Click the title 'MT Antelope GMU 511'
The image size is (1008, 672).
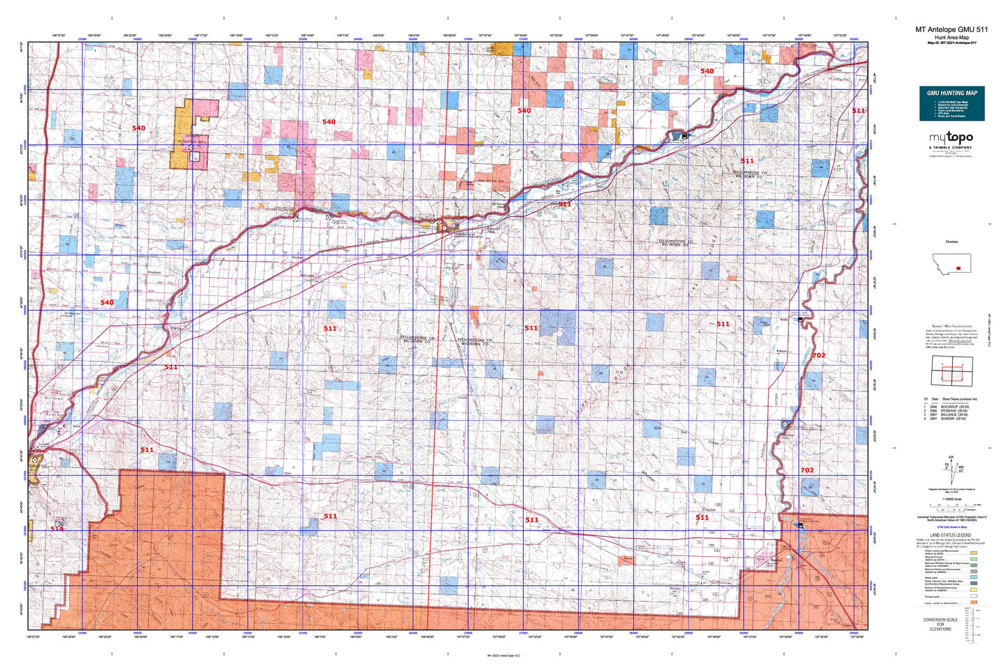click(x=951, y=29)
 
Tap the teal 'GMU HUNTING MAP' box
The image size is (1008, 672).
click(x=951, y=103)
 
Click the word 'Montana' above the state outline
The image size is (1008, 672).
click(x=951, y=241)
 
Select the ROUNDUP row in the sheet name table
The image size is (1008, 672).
click(x=952, y=406)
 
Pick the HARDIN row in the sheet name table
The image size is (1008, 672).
click(x=952, y=419)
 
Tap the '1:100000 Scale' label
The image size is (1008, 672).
click(x=951, y=498)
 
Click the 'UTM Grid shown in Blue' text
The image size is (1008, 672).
click(x=951, y=529)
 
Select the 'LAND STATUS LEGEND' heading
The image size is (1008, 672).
click(x=951, y=535)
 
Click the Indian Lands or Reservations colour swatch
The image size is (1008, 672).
click(x=973, y=603)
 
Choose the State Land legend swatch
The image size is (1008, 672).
click(x=973, y=578)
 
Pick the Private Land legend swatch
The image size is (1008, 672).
click(x=973, y=597)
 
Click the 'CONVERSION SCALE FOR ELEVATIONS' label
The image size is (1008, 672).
click(x=940, y=624)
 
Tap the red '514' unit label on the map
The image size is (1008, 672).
click(x=57, y=529)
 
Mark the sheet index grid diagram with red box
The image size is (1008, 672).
click(x=951, y=370)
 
